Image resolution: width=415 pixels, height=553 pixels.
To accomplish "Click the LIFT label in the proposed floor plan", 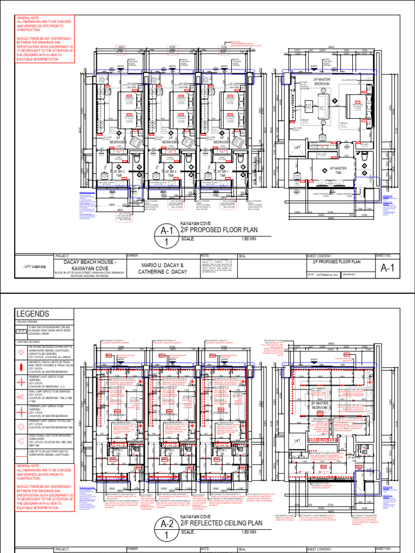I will click(296, 147).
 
